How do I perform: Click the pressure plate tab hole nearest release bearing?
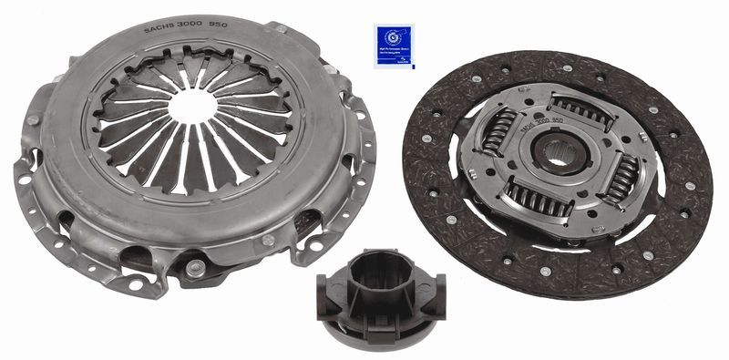(196, 268)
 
